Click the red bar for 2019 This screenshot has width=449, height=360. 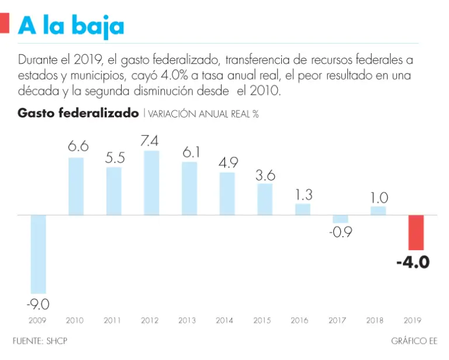click(416, 233)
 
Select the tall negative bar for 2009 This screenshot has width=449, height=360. click(39, 254)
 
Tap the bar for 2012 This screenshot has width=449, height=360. click(151, 183)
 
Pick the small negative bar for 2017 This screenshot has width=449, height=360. click(340, 219)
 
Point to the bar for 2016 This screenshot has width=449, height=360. click(303, 209)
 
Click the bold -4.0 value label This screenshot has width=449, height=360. click(413, 262)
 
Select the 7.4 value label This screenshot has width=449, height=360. click(151, 141)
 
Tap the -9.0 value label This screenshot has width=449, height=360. click(38, 304)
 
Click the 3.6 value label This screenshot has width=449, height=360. click(265, 175)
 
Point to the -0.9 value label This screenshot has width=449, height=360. click(340, 232)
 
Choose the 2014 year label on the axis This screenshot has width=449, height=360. click(224, 321)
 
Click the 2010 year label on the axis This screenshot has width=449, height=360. click(75, 321)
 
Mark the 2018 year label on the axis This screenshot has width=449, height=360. click(375, 321)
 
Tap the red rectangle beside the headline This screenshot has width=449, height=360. click(5, 24)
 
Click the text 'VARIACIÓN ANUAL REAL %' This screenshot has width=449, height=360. click(203, 114)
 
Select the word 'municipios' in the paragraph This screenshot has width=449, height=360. click(95, 76)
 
